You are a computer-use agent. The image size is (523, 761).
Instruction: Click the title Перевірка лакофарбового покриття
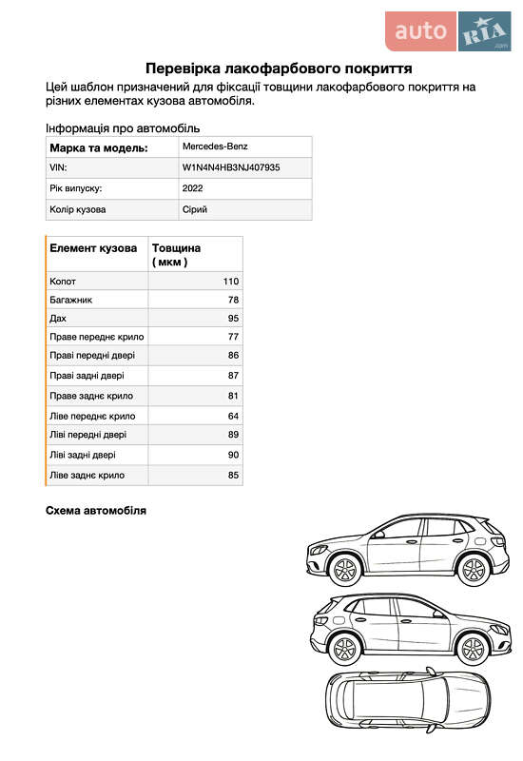pos(278,68)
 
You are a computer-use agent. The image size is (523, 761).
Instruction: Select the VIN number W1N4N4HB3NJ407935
pos(231,167)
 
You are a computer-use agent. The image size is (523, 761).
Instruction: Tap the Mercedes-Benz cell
pos(214,147)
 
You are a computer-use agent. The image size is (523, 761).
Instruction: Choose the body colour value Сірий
pos(194,209)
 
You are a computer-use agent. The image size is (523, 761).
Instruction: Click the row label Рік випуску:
pos(76,188)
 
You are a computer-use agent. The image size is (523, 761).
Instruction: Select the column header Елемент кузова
pos(93,248)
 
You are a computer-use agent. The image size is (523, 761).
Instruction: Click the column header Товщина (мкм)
pos(176,254)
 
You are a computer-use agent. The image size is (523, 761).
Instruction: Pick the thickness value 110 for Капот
pos(230,282)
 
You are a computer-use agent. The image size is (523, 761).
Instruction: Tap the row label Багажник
pos(70,300)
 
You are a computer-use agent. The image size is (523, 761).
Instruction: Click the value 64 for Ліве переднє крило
pos(233,416)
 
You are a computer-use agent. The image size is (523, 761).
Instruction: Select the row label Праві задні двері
pos(87,376)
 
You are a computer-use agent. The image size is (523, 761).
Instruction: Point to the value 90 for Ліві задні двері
pos(233,456)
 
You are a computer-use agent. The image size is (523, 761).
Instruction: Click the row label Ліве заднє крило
pos(87,475)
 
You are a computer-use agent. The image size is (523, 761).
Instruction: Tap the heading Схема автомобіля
pos(96,511)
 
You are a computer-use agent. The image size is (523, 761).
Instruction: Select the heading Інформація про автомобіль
pos(123,128)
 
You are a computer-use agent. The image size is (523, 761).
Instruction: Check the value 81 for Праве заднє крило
pos(233,396)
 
